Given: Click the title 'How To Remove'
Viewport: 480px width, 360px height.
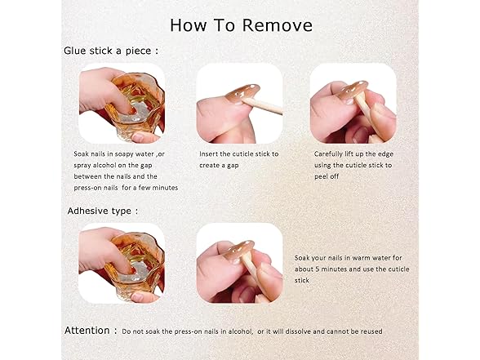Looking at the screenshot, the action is click(242, 25).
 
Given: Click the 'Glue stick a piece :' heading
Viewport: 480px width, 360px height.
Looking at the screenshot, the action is click(111, 51).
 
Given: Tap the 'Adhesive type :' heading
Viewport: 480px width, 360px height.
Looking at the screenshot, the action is click(103, 211).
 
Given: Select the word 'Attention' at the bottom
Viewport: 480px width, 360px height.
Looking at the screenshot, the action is click(87, 331).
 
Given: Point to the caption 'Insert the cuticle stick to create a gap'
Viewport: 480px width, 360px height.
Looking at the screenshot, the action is click(238, 159).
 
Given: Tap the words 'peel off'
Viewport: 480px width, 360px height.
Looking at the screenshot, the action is click(327, 176).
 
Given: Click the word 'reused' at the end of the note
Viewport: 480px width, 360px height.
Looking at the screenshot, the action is click(371, 331).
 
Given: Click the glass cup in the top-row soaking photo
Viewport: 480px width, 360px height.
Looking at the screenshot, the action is click(135, 105).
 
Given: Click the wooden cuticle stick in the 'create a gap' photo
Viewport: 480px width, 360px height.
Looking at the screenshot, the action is click(263, 106).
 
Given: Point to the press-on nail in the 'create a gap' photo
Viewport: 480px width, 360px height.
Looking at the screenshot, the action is click(242, 93).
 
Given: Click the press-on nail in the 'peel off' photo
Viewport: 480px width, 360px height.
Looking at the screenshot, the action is click(353, 90).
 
